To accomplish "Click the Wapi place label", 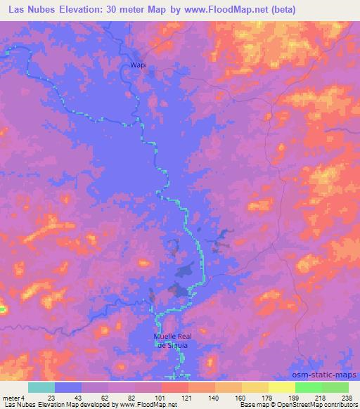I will [x=138, y=65].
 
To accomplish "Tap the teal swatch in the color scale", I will [x=41, y=387].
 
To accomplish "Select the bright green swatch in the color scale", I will [x=308, y=387].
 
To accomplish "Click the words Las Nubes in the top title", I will [x=29, y=10].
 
